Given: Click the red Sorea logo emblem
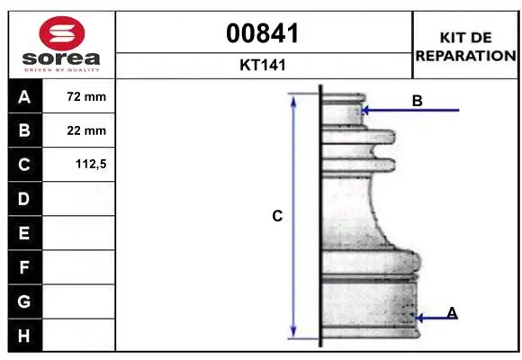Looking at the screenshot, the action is click(62, 33).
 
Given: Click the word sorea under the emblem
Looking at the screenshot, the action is click(61, 58).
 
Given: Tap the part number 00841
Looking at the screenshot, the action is click(263, 33).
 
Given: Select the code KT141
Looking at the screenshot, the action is click(263, 65).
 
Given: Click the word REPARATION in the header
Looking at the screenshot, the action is click(465, 56).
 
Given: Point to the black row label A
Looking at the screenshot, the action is click(24, 97).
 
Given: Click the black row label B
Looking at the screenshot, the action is click(24, 130).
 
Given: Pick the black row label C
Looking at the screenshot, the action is click(24, 165).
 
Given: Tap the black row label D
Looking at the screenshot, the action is click(24, 199).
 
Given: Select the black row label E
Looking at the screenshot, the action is click(24, 233).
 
